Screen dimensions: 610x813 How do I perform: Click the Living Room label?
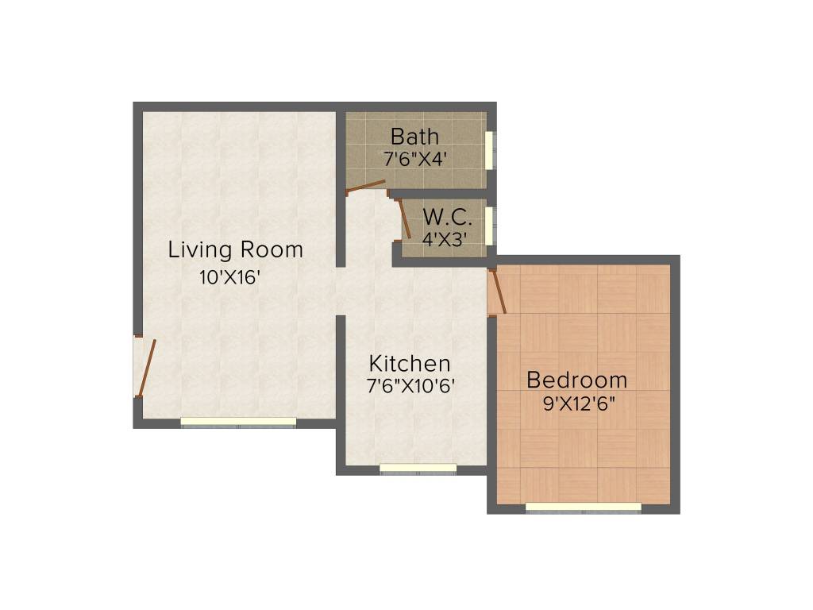pyautogui.click(x=235, y=250)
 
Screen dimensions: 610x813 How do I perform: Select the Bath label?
pyautogui.click(x=414, y=137)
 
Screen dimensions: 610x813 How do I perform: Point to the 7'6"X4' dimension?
pyautogui.click(x=415, y=159)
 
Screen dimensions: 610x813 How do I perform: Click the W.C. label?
pyautogui.click(x=447, y=217)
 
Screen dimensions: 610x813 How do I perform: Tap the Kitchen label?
pyautogui.click(x=410, y=364)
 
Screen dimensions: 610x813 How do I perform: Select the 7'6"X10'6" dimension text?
pyautogui.click(x=410, y=386)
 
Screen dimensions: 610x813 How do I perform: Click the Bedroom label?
pyautogui.click(x=577, y=380)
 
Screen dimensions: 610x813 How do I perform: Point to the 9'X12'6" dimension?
pyautogui.click(x=579, y=403)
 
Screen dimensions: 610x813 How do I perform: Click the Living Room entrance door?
pyautogui.click(x=146, y=368)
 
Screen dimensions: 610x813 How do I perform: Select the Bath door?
pyautogui.click(x=366, y=187)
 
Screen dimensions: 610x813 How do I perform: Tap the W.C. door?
pyautogui.click(x=404, y=218)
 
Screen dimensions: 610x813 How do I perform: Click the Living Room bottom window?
pyautogui.click(x=238, y=423)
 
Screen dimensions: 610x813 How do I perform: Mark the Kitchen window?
pyautogui.click(x=418, y=469)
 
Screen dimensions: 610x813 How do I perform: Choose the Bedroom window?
pyautogui.click(x=584, y=507)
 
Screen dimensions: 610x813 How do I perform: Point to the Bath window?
pyautogui.click(x=490, y=149)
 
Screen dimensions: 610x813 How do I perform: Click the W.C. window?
pyautogui.click(x=490, y=226)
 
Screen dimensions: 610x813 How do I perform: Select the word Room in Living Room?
pyautogui.click(x=272, y=250)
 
